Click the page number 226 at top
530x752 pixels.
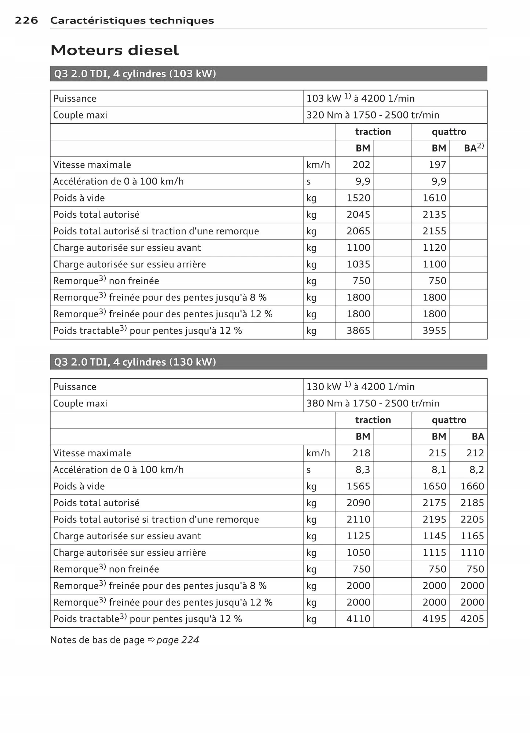pos(26,21)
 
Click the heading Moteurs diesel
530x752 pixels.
pos(115,50)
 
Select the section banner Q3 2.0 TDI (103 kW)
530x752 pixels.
pos(135,74)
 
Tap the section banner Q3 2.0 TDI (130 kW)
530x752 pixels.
pos(135,362)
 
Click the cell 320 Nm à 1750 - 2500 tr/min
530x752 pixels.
pos(373,115)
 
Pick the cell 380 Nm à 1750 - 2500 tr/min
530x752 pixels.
pos(373,404)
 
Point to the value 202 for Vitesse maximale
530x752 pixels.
pos(361,165)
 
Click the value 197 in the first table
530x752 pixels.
pos(437,165)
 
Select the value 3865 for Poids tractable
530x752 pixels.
pos(358,331)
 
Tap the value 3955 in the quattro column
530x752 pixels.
pos(434,331)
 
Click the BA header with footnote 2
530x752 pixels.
pos(473,148)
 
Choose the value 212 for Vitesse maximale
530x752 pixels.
pos(475,453)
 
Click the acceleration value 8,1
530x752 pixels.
pos(439,470)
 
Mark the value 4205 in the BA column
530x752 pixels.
pos(472,619)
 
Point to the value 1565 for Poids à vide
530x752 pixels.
pos(358,486)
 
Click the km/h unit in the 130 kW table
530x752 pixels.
pos(318,453)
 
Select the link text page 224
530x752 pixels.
pos(178,640)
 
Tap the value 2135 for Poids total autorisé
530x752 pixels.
pos(434,215)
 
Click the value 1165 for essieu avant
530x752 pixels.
pos(472,536)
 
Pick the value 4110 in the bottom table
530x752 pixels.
pos(358,619)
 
